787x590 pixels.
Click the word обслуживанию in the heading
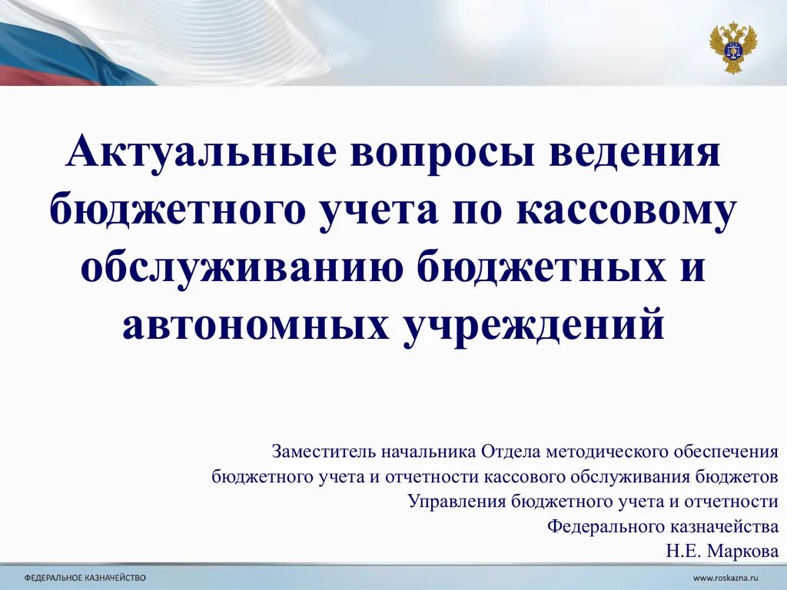(244, 267)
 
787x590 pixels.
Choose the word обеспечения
(727, 451)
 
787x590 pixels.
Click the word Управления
(456, 502)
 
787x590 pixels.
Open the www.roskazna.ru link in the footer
(726, 576)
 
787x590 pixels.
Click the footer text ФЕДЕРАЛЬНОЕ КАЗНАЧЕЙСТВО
(85, 576)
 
